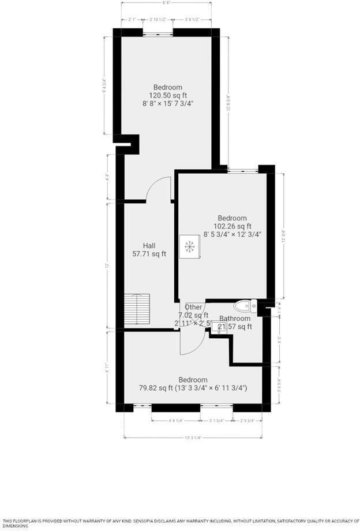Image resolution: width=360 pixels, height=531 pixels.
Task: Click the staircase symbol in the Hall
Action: pos(137,311)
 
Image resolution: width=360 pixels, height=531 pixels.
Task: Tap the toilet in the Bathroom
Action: pos(245,306)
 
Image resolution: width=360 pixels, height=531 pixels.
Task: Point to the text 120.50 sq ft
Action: pos(168,95)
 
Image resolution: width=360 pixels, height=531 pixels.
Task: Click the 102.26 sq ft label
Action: pos(232,226)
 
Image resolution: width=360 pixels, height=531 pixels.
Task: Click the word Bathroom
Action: pos(235,319)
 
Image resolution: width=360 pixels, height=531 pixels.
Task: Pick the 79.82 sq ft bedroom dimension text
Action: pos(193,388)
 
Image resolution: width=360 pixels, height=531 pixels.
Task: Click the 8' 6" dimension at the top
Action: pos(167,3)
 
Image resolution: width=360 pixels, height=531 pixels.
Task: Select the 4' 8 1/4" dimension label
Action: pos(176,420)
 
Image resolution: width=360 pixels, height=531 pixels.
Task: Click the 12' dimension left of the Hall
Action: pos(107,265)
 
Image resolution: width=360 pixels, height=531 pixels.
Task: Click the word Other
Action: pos(194,307)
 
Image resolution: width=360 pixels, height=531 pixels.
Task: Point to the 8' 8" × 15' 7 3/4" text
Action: pos(168,103)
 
